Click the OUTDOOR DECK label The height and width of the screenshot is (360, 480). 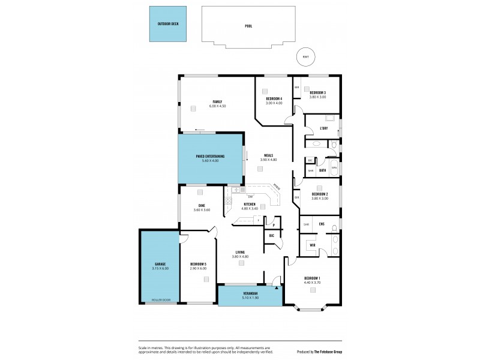pyautogui.click(x=168, y=24)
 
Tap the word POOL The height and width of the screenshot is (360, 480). pyautogui.click(x=248, y=26)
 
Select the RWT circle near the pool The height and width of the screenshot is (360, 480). pyautogui.click(x=305, y=57)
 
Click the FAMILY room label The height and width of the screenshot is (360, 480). pyautogui.click(x=217, y=101)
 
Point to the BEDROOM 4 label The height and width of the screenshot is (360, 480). pyautogui.click(x=274, y=98)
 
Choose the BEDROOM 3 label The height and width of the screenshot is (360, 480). pyautogui.click(x=317, y=92)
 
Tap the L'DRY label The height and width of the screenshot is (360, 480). pyautogui.click(x=323, y=128)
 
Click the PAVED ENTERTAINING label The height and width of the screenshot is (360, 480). pyautogui.click(x=210, y=156)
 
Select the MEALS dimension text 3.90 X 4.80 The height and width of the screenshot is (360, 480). pyautogui.click(x=268, y=160)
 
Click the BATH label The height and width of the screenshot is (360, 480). pyautogui.click(x=322, y=170)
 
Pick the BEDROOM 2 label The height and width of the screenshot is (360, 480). pyautogui.click(x=320, y=194)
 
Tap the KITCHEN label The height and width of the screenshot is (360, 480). pyautogui.click(x=250, y=205)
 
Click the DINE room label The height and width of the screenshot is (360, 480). pyautogui.click(x=201, y=205)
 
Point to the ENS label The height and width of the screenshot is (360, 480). pyautogui.click(x=322, y=224)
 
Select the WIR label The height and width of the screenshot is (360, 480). pyautogui.click(x=313, y=245)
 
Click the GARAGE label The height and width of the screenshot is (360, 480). pyautogui.click(x=159, y=264)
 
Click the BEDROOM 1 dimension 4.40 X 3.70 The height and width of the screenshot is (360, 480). pyautogui.click(x=312, y=282)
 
